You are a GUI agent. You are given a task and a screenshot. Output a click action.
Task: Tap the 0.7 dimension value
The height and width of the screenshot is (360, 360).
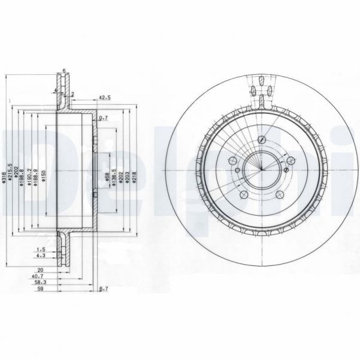[102, 117]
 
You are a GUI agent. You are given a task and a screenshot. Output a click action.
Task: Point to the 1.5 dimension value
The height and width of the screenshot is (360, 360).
[41, 249]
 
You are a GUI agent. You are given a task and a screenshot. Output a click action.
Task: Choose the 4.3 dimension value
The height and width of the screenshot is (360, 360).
[41, 256]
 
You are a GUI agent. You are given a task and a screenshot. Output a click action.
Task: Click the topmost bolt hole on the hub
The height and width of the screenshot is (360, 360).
[262, 140]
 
